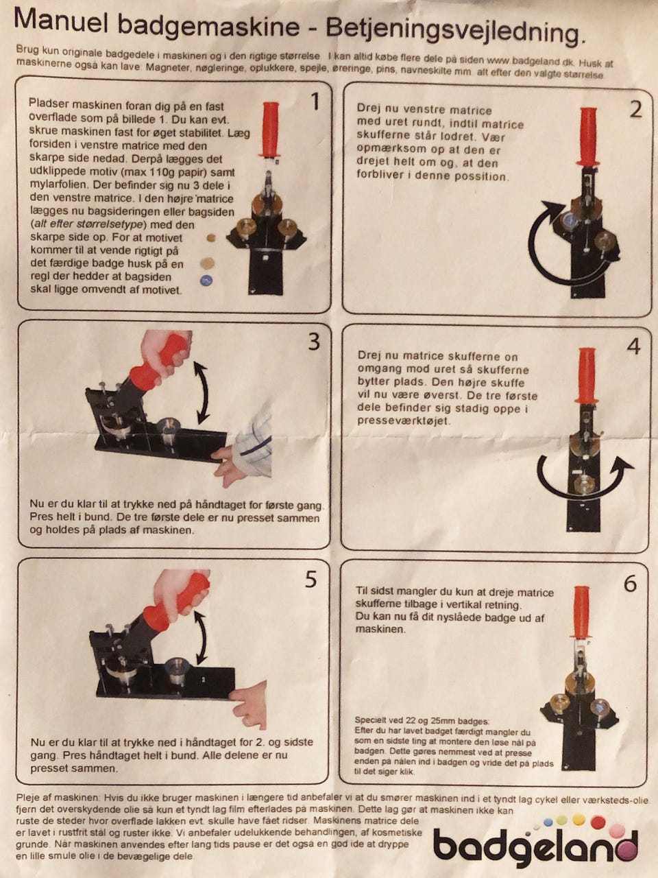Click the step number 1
click(315, 102)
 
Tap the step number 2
click(635, 109)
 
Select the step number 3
click(314, 341)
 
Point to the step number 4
click(633, 346)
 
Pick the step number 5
click(310, 580)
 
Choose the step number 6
click(630, 584)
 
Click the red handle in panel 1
click(269, 130)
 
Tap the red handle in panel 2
click(588, 136)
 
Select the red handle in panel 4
click(587, 376)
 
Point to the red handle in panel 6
click(581, 613)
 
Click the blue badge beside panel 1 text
click(206, 281)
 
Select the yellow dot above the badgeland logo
click(579, 819)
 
